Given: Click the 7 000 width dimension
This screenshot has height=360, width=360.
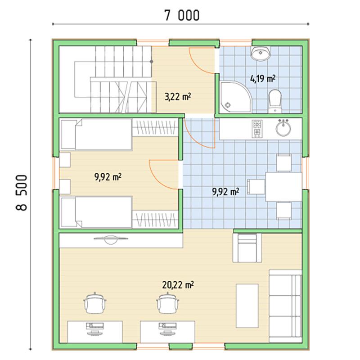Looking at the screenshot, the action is coord(182,16).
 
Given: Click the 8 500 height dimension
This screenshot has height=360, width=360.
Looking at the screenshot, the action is coord(22,193).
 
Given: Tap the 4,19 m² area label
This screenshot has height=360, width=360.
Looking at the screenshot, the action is coord(263,79).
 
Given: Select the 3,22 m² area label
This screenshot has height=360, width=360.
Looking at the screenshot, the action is coord(178,97).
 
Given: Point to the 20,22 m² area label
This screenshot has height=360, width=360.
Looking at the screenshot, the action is coord(178,285).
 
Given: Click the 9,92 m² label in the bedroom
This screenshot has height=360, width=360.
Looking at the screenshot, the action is coord(108,177).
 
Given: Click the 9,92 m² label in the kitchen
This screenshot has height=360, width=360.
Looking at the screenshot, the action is coord(225,192).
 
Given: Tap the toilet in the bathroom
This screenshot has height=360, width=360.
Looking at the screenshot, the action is coord(275,101).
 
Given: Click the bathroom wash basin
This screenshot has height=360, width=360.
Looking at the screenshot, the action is coord(261,54).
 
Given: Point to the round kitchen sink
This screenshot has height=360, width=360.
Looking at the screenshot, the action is coord(283,128).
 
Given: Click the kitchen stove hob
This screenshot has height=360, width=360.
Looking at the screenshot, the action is coord(257,129).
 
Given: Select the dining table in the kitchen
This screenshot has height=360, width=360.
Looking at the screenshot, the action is coord(284,187).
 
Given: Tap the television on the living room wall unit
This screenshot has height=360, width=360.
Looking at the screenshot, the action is coord(111,240).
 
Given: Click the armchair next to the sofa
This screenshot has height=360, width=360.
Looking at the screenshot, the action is coord(247,248).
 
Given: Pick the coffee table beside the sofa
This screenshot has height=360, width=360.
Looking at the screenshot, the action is coord(247,306).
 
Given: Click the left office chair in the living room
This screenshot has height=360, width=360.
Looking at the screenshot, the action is coord(95,303).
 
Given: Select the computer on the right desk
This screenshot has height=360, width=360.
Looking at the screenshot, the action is coord(167,329).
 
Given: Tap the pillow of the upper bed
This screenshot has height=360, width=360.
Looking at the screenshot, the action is coord(68,134).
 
